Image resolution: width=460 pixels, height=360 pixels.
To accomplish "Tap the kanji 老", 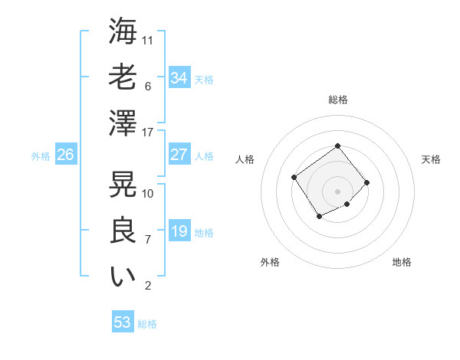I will point(123,77).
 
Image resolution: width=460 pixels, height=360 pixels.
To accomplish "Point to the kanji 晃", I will point(123,184).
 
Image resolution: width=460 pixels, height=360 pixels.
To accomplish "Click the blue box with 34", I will point(179,78).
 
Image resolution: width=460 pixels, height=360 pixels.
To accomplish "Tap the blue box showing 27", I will point(179,155).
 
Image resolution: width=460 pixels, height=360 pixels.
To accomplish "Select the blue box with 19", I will point(179,231).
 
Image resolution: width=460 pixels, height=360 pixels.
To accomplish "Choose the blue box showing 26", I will point(65,155).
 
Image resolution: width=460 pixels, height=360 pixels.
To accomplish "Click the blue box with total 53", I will point(123,322).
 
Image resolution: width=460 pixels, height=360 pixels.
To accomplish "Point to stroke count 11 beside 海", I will point(148,40).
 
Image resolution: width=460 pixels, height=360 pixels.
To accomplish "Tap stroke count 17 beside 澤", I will point(148,133).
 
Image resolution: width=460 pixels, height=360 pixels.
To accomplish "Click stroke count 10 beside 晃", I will point(148,193).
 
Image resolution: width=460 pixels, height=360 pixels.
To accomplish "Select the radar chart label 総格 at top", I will point(338,100).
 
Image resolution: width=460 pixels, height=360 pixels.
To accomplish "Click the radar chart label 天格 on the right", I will point(432,159).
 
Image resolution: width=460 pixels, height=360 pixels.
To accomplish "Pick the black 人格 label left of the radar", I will point(245,159).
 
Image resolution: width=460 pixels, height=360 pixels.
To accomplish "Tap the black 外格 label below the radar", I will point(270,262).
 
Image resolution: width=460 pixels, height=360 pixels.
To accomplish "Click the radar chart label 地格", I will point(402,262).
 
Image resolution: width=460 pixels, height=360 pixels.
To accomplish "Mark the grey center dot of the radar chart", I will point(337,191).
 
